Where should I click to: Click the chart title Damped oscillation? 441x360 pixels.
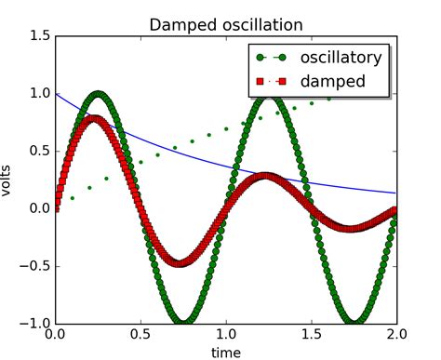click(226, 22)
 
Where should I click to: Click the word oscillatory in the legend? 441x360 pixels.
click(344, 58)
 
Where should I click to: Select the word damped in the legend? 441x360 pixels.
click(331, 82)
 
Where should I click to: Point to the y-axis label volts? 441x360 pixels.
click(10, 180)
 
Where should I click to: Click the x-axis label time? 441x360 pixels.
click(226, 352)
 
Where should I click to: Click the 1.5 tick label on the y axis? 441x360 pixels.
click(38, 35)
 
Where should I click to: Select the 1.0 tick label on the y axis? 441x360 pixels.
click(38, 93)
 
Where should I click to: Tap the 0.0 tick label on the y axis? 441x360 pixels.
click(38, 207)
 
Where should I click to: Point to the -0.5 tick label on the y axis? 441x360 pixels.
click(35, 265)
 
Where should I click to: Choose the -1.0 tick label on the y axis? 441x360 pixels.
click(35, 323)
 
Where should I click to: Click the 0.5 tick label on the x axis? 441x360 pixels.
click(140, 334)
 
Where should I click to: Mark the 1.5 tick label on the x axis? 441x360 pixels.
click(312, 334)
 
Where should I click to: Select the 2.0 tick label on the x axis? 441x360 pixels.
click(397, 334)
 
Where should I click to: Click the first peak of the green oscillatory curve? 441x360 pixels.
click(98, 93)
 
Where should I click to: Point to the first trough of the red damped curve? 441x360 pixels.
click(180, 262)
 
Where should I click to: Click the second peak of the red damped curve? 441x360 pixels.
click(266, 175)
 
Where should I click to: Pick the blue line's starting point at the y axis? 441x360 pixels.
click(56, 93)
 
